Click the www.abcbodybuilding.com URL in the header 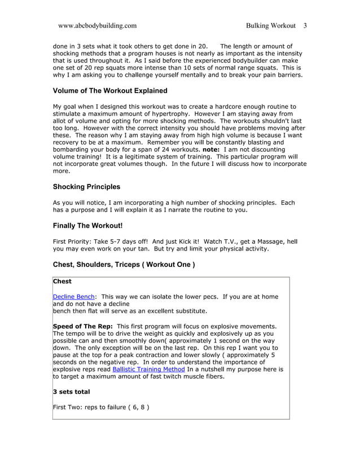click(x=97, y=25)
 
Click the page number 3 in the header click(x=305, y=25)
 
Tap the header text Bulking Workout click(x=270, y=25)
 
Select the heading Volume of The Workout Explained click(x=110, y=91)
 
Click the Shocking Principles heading click(x=86, y=187)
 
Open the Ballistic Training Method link click(x=148, y=370)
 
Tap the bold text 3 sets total click(x=71, y=392)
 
